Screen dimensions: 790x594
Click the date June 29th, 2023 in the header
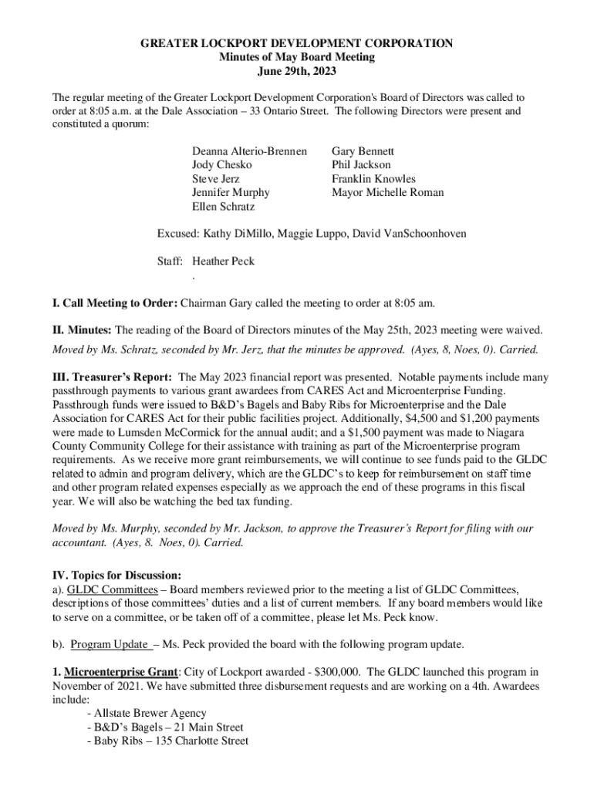click(x=296, y=72)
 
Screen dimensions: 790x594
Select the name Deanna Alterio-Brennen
click(x=249, y=150)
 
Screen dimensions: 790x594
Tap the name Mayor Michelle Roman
click(x=387, y=192)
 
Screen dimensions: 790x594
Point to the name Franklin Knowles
click(x=373, y=178)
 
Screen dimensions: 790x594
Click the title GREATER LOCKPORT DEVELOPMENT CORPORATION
click(x=296, y=44)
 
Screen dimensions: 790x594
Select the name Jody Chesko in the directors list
click(x=222, y=164)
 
